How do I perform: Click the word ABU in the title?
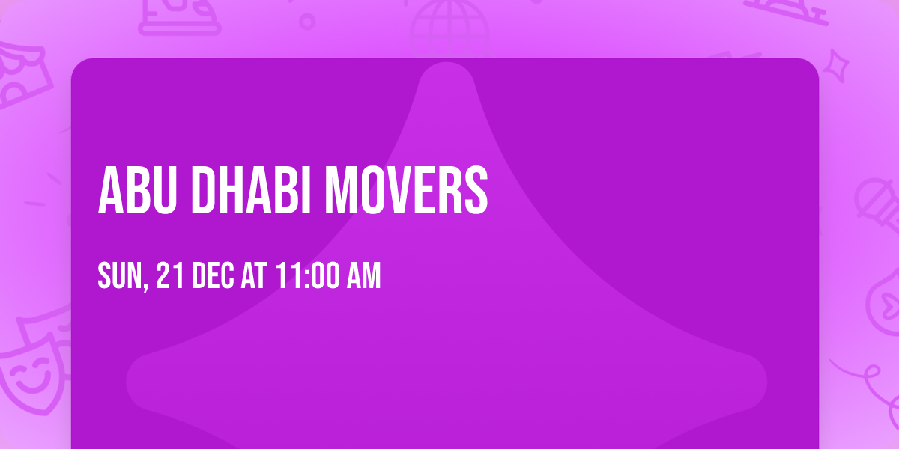coord(137,190)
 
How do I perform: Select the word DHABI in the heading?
coord(251,190)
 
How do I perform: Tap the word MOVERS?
coord(406,190)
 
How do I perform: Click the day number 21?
coord(170,275)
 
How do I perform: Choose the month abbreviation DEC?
coord(213,275)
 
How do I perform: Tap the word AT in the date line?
coord(254,275)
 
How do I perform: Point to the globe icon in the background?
coord(449,28)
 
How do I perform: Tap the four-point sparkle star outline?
coord(835,66)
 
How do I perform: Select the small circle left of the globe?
coord(307,22)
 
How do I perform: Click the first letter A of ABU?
coord(110,190)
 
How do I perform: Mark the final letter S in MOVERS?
coord(476,190)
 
